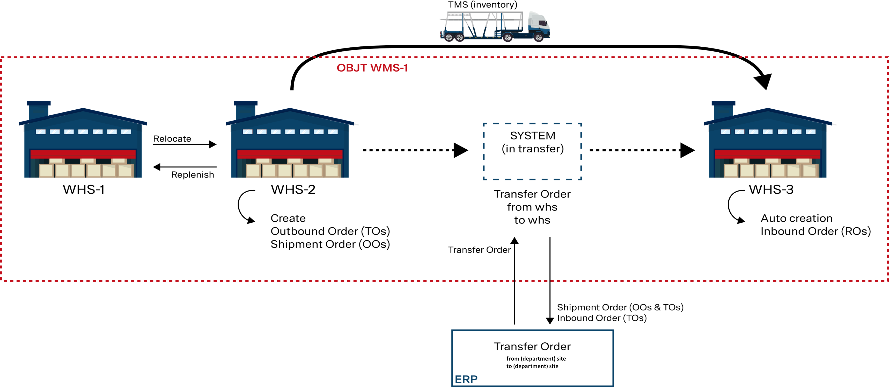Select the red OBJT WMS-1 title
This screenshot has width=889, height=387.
coord(372,68)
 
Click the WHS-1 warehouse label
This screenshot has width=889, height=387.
coord(84,189)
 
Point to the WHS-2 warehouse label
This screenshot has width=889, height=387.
coord(293,189)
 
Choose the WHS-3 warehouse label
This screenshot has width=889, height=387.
coord(771,189)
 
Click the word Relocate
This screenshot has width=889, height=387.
coord(172,139)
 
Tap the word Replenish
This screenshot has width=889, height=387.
coord(193,174)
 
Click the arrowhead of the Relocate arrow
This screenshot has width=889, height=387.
coord(213,144)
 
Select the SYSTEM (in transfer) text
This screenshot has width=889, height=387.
coord(533,142)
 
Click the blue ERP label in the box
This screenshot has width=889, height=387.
coord(466,379)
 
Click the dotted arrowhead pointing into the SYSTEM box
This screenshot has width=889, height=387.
coord(460,150)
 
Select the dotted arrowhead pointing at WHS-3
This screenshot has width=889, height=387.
coord(687,150)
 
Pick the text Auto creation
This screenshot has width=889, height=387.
coord(797,218)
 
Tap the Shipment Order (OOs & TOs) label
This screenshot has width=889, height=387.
coord(620,307)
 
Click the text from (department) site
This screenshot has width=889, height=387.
coord(536,359)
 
